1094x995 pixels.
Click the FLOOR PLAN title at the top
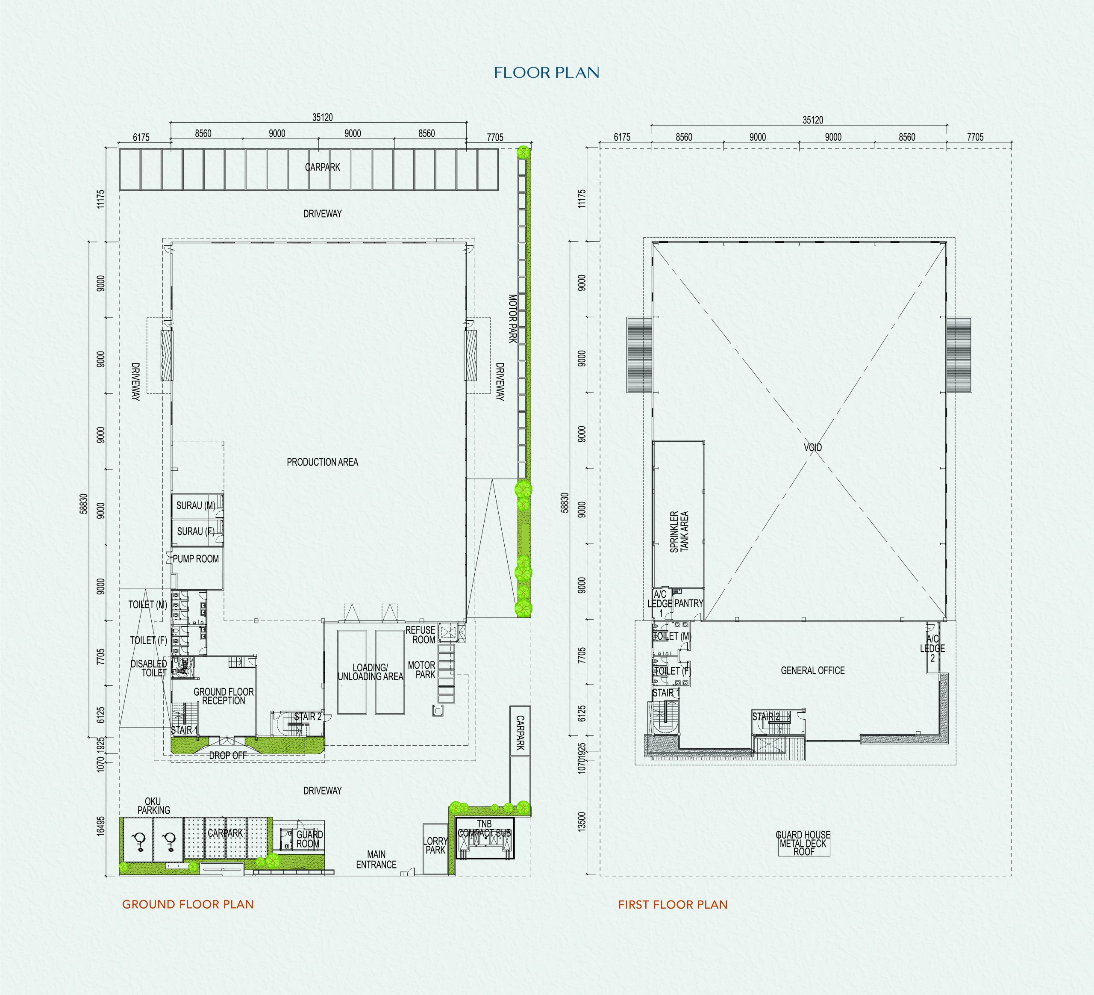click(x=547, y=73)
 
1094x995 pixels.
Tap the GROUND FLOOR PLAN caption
click(x=188, y=904)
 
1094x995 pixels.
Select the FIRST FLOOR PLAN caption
click(x=673, y=905)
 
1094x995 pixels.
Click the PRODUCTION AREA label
click(x=322, y=462)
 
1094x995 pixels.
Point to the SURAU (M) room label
click(x=196, y=505)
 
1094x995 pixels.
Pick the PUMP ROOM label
click(x=196, y=558)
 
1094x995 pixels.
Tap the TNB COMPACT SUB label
click(x=485, y=828)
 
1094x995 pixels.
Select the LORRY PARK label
click(x=435, y=845)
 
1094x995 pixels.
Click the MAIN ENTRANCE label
click(x=376, y=859)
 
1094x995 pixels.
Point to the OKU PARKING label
click(x=153, y=806)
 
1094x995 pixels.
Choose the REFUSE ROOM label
click(x=421, y=635)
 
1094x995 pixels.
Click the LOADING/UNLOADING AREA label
click(x=370, y=672)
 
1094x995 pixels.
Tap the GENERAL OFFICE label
click(x=812, y=670)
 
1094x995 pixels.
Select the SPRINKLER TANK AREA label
click(x=679, y=532)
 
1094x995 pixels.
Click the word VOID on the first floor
click(x=812, y=447)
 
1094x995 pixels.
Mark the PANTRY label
click(x=688, y=603)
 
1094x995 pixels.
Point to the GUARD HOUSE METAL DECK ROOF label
click(x=803, y=844)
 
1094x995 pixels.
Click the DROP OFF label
click(x=228, y=755)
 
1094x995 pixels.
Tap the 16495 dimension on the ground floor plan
click(x=100, y=826)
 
